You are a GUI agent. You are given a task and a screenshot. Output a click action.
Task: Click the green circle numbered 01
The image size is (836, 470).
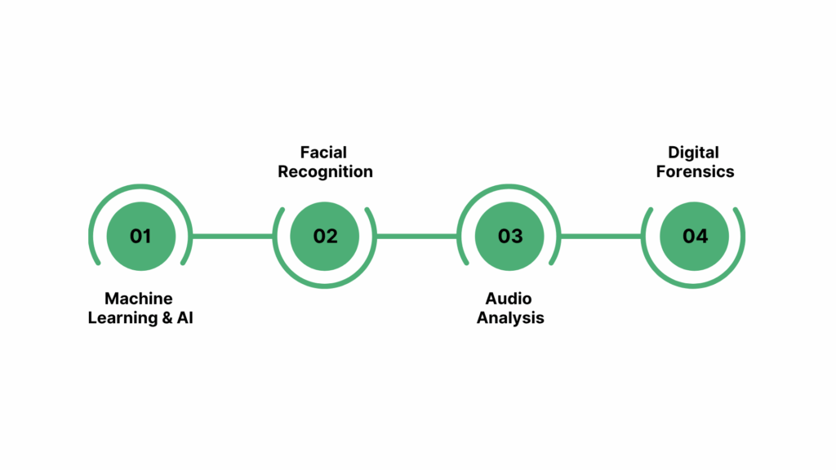click(140, 236)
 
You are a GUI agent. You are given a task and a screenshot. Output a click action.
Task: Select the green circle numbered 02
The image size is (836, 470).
click(325, 236)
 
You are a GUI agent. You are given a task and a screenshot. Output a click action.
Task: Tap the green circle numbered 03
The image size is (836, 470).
click(510, 236)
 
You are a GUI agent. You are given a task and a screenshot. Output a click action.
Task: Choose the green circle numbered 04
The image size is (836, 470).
click(695, 236)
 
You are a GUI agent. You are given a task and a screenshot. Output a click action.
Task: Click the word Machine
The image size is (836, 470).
click(139, 299)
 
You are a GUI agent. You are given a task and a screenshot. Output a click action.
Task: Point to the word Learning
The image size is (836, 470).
click(119, 318)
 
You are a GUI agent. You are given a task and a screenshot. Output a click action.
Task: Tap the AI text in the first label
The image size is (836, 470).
click(185, 318)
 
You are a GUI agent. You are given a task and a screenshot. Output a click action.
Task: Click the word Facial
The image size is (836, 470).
click(323, 153)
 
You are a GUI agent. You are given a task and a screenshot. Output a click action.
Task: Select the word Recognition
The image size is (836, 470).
click(325, 172)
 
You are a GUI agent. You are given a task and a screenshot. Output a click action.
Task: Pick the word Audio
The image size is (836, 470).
click(510, 299)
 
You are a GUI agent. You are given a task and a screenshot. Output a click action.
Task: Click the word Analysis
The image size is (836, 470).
click(510, 318)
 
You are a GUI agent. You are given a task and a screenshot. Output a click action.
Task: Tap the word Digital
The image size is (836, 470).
click(693, 153)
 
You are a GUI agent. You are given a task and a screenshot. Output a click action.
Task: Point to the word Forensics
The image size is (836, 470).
click(695, 172)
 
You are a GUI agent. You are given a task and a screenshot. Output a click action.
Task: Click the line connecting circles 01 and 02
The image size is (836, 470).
click(233, 237)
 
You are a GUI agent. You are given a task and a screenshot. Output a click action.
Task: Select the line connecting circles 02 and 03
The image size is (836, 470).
click(417, 237)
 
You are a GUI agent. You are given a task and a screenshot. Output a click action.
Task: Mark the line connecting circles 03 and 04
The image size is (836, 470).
click(603, 237)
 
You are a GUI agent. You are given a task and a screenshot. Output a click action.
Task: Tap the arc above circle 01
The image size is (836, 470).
click(140, 187)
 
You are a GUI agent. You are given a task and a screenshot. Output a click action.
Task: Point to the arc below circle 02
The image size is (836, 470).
click(325, 286)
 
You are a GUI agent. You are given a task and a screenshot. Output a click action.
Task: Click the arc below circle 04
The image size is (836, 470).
click(695, 286)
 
